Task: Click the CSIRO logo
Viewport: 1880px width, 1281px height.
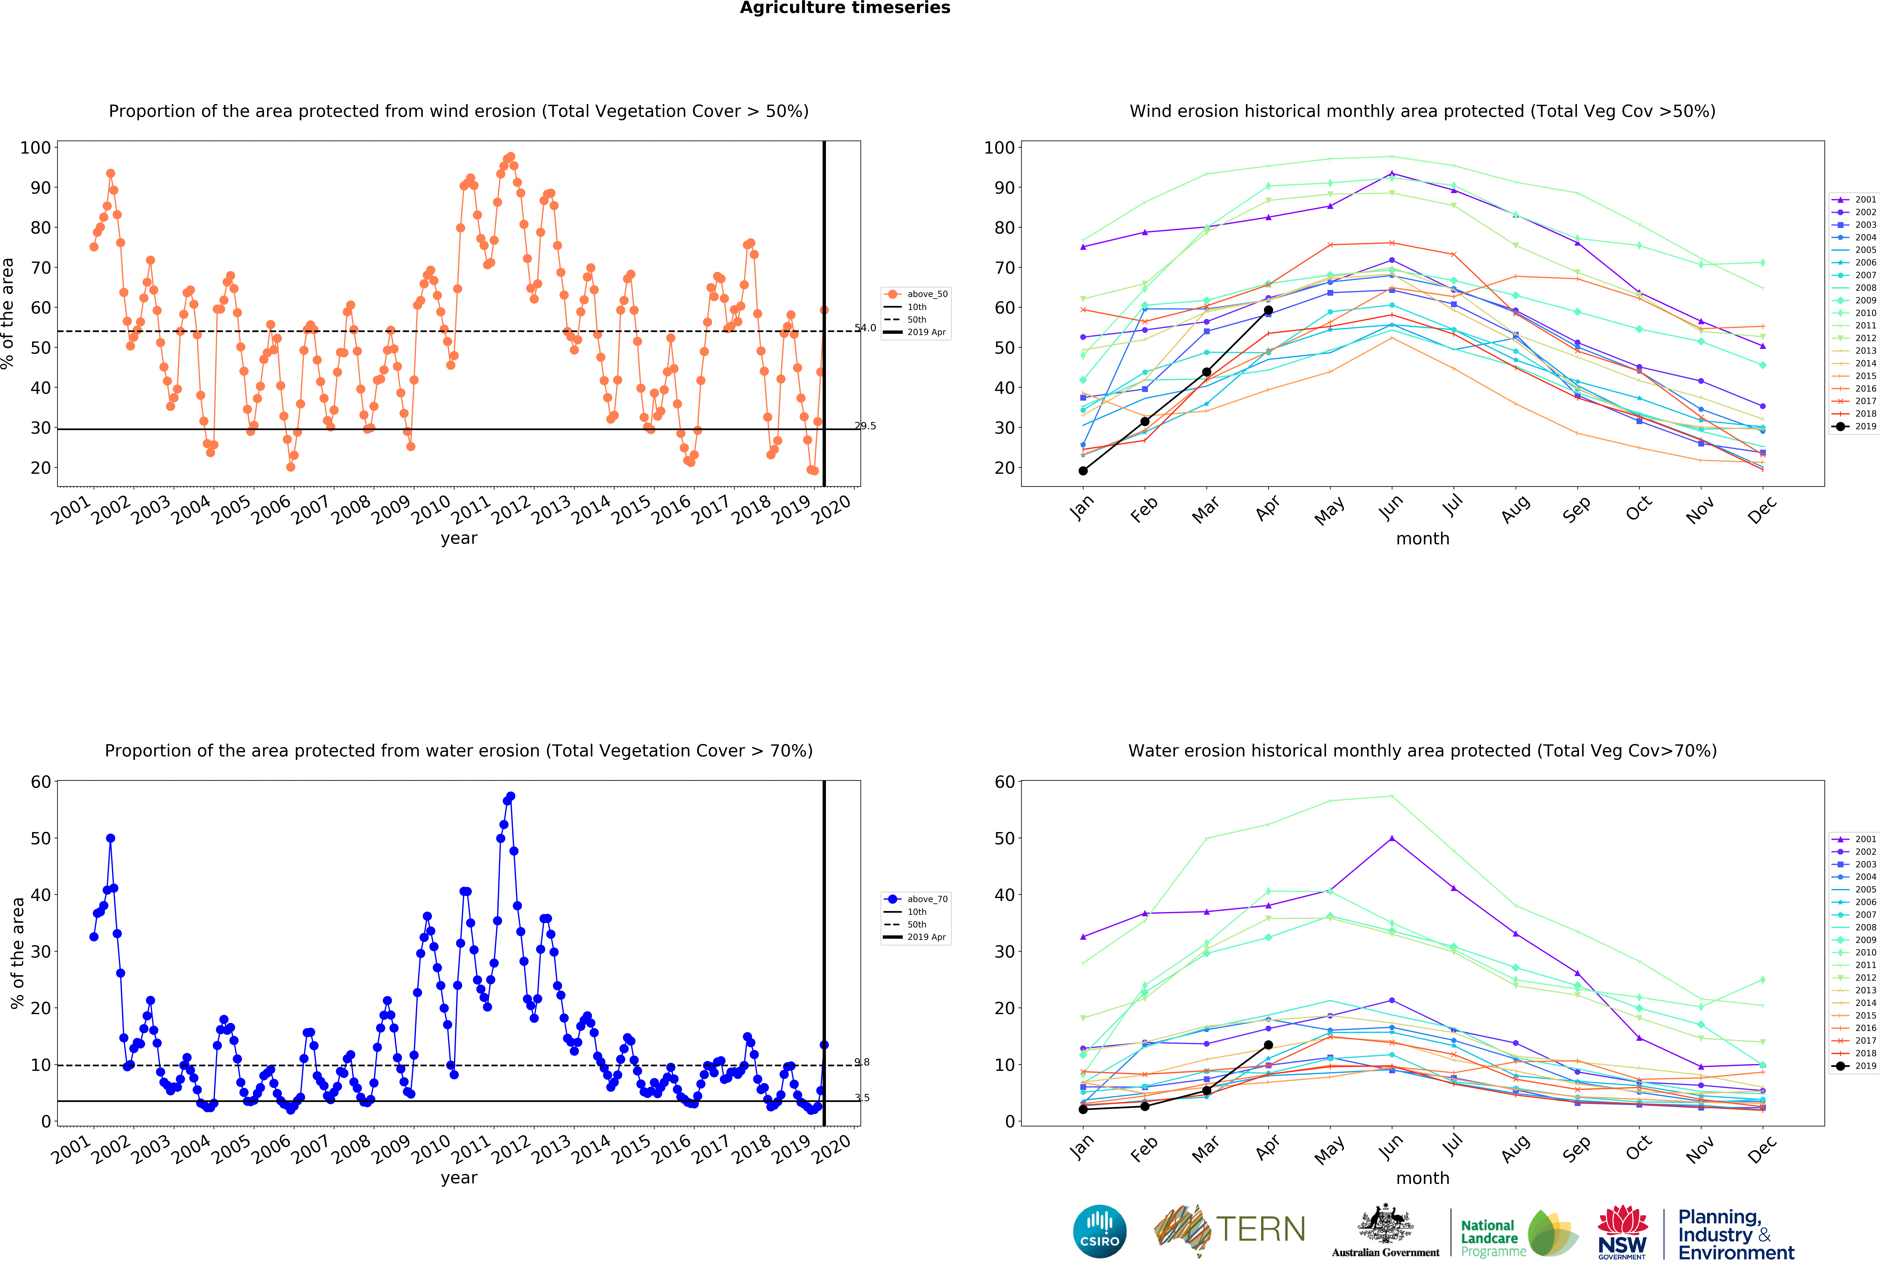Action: pos(1099,1232)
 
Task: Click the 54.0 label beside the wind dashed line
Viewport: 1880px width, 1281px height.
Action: pos(865,328)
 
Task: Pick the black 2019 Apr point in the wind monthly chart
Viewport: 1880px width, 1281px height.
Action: pos(1268,311)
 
